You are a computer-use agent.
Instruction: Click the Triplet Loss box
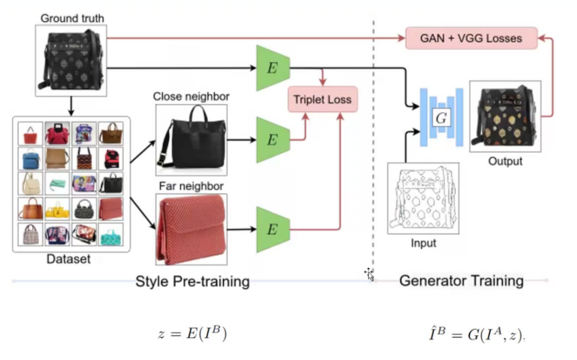pos(323,99)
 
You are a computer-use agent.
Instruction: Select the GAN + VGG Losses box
pos(471,38)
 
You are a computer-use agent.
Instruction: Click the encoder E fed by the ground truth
pos(272,68)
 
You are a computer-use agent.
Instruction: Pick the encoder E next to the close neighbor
pos(272,139)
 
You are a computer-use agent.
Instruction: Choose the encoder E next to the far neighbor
pos(272,229)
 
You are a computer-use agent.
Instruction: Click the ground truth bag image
pos(71,59)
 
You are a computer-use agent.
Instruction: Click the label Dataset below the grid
pos(69,259)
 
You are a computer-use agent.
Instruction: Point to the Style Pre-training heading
pos(192,281)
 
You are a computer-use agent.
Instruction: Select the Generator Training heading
pos(461,281)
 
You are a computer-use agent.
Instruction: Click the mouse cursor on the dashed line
pos(370,274)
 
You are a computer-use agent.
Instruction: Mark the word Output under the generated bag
pos(505,161)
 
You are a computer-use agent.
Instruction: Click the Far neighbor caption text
pos(191,187)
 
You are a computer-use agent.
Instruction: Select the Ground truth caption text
pos(72,19)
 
